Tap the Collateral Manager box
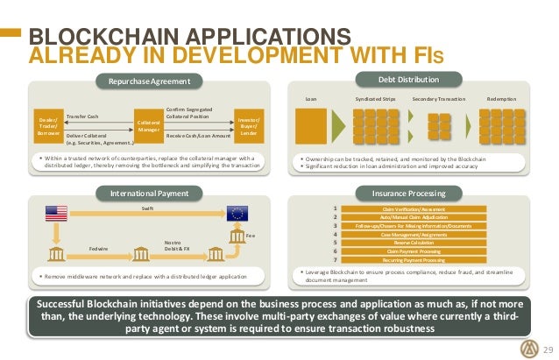pyautogui.click(x=145, y=125)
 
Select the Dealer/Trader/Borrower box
pyautogui.click(x=47, y=124)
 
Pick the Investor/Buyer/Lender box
pyautogui.click(x=248, y=124)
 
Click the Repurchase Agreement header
pyautogui.click(x=146, y=82)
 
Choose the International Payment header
pyautogui.click(x=146, y=190)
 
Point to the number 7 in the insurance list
pyautogui.click(x=335, y=260)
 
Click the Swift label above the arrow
pyautogui.click(x=147, y=208)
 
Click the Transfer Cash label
pyautogui.click(x=82, y=116)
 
